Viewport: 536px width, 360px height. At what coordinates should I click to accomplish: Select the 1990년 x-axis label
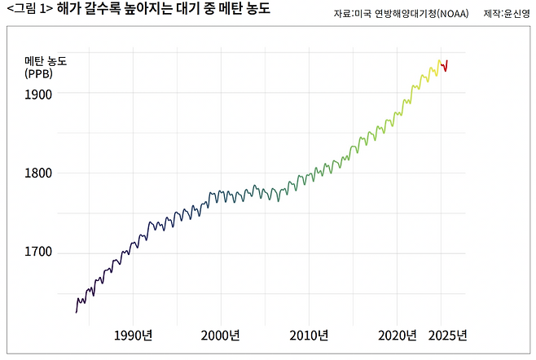[x=133, y=336]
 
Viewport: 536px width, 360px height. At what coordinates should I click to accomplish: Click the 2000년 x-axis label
[x=220, y=336]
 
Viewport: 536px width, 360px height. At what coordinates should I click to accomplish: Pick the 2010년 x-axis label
[x=308, y=336]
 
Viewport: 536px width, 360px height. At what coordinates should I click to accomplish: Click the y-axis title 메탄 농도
[x=46, y=61]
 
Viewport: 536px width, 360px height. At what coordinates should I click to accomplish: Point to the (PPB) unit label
[x=38, y=73]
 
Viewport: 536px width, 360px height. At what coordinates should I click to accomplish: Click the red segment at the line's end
[x=445, y=66]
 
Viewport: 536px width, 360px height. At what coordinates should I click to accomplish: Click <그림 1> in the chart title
[x=28, y=11]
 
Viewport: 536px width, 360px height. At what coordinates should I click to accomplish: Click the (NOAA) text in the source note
[x=452, y=15]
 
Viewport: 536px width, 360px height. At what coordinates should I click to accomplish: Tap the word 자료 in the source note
[x=342, y=15]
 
